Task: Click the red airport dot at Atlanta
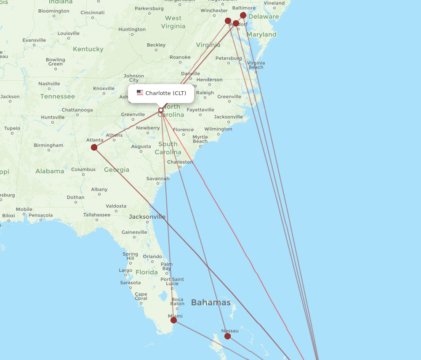point(94,147)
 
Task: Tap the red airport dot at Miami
point(173,320)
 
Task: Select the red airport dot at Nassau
point(227,336)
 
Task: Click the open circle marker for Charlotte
point(161,110)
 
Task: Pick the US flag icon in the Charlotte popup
point(140,93)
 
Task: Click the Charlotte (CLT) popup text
point(165,93)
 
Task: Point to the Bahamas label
point(210,302)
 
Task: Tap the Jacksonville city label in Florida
point(147,217)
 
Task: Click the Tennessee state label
point(57,96)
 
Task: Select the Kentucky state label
point(88,49)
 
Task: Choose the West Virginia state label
point(173,22)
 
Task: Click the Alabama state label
point(50,171)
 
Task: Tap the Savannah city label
point(158,179)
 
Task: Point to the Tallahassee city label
point(97,215)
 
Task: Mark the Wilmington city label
point(218,129)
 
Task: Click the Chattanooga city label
point(77,110)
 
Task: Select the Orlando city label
point(152,257)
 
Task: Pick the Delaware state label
point(264,17)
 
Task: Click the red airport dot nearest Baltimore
point(243,15)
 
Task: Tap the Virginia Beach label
point(256,65)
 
